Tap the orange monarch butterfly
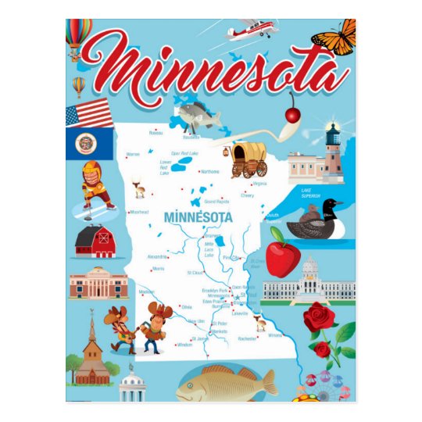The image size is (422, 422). click(334, 37)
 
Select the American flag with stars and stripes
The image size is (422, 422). click(89, 113)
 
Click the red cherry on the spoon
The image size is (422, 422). click(293, 115)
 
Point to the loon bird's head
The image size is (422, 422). click(332, 207)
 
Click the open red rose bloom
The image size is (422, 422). click(318, 317)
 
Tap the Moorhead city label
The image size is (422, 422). click(140, 212)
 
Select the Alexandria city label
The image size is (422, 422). click(157, 256)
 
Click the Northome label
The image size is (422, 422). click(210, 171)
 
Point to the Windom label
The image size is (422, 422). click(184, 344)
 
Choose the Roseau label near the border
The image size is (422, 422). click(156, 133)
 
